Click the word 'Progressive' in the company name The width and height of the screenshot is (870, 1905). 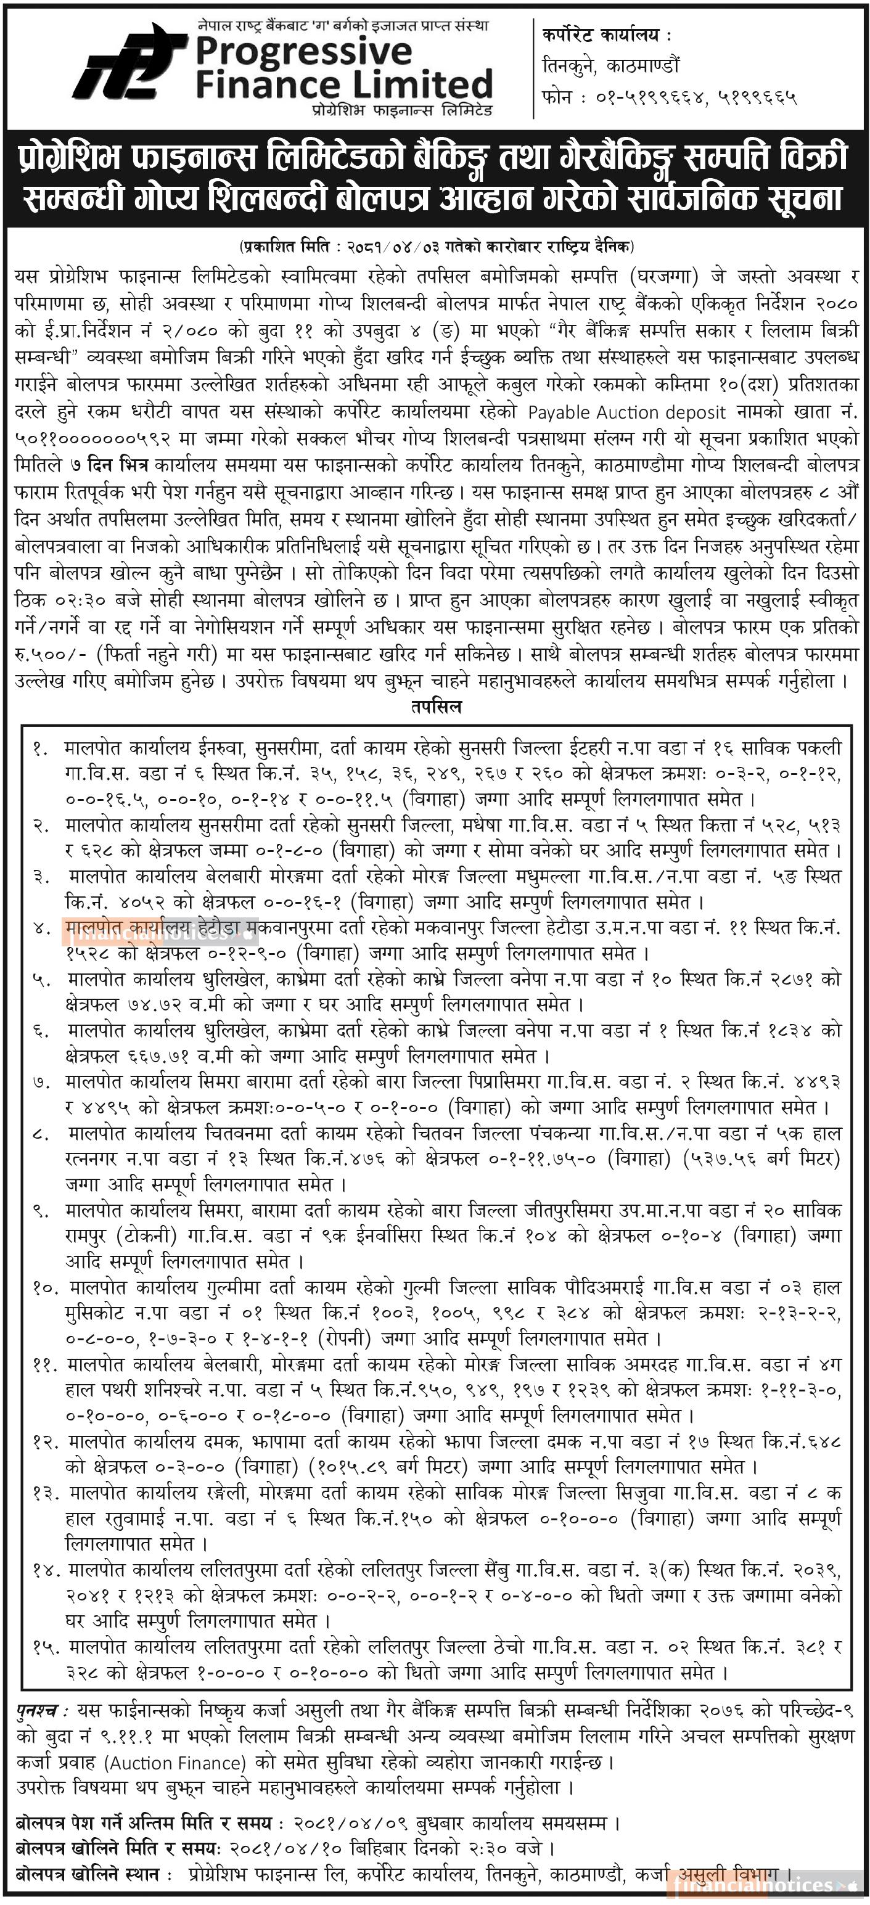click(x=303, y=52)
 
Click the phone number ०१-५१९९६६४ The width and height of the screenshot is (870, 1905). click(x=650, y=97)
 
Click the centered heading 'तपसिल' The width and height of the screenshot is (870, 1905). click(x=436, y=707)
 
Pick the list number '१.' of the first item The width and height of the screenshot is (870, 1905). click(x=40, y=748)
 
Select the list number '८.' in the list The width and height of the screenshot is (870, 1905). click(x=41, y=1133)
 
